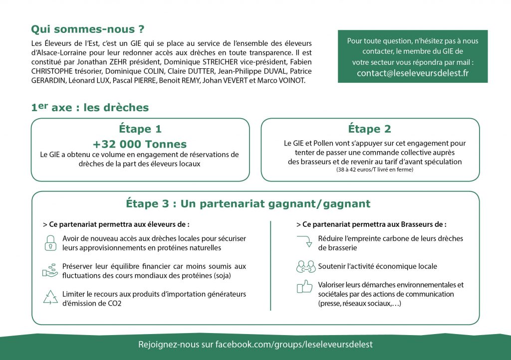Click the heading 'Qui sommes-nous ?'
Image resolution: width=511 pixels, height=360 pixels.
[84, 29]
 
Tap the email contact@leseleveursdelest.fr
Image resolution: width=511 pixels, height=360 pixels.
[413, 73]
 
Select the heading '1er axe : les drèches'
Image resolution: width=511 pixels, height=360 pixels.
[90, 107]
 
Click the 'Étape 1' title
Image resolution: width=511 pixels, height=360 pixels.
[140, 129]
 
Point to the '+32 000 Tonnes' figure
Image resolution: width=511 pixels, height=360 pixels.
[140, 145]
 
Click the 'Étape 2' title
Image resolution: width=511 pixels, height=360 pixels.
[369, 129]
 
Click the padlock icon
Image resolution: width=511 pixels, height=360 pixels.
[50, 242]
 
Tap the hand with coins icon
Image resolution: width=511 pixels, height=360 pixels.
[50, 270]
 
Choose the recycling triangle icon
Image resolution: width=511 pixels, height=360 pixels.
[50, 298]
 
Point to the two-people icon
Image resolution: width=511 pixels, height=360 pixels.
[305, 267]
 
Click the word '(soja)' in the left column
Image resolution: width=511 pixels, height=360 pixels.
[235, 275]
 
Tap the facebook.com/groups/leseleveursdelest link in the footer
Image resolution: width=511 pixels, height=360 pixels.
[294, 345]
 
